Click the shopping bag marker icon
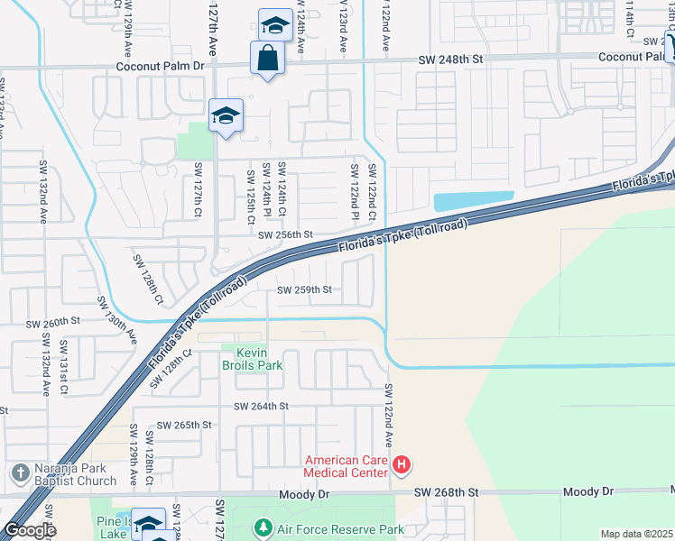tap(267, 60)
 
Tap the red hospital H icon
tap(402, 465)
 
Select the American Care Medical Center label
tap(346, 465)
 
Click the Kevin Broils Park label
tap(253, 359)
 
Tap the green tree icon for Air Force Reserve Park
tap(263, 527)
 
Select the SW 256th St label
tap(284, 235)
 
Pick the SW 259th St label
tap(305, 290)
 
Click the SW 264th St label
tap(260, 407)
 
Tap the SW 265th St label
tap(184, 425)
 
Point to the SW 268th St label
tap(446, 492)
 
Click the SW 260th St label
tap(52, 321)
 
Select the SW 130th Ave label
tap(117, 321)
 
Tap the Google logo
tap(30, 530)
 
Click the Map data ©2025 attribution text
tap(636, 534)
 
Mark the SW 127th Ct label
tap(197, 189)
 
